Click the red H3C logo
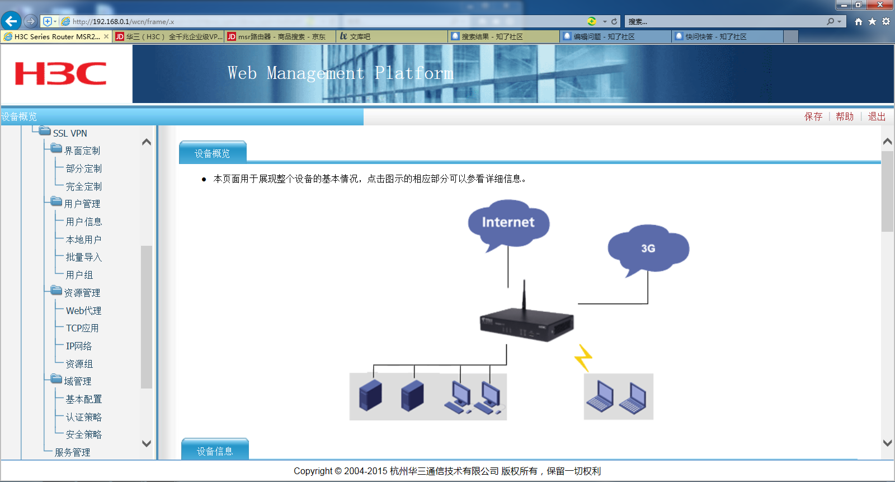(60, 74)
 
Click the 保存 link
(813, 116)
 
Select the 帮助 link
(845, 116)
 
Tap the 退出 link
(877, 116)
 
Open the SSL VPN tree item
(70, 133)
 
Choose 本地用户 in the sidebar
(83, 240)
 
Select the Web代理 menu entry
(83, 311)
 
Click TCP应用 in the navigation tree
(82, 329)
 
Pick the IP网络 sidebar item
(79, 346)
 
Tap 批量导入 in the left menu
(83, 258)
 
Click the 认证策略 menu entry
(83, 417)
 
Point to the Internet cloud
(508, 223)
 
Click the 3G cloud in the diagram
(648, 249)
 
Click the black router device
(526, 324)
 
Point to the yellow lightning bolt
(583, 357)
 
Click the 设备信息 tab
(215, 451)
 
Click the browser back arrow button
(11, 21)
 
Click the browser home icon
(858, 22)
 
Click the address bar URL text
(123, 22)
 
